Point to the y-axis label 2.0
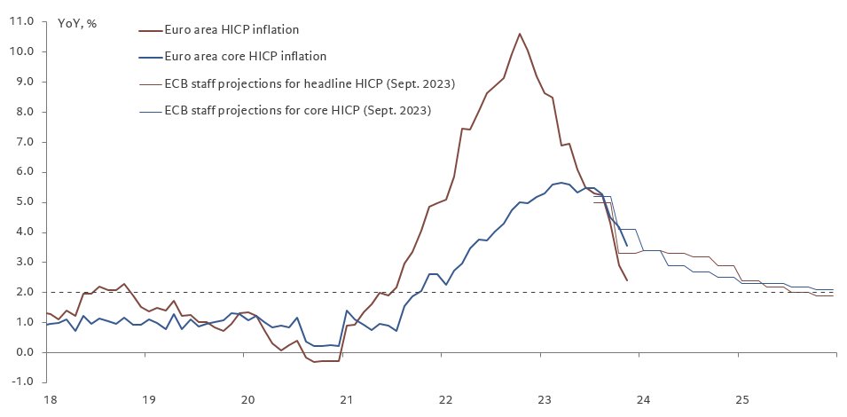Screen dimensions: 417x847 pyautogui.click(x=23, y=292)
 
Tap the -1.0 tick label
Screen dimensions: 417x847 pyautogui.click(x=22, y=382)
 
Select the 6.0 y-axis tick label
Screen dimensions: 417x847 pyautogui.click(x=23, y=171)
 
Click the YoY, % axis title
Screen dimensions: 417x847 pyautogui.click(x=78, y=24)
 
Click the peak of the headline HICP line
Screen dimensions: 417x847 pyautogui.click(x=520, y=34)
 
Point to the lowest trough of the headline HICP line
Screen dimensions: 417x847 pyautogui.click(x=314, y=362)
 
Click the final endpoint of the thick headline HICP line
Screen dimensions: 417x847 pyautogui.click(x=627, y=280)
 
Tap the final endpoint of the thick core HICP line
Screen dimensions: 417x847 pyautogui.click(x=627, y=245)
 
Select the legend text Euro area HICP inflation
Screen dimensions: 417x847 pyautogui.click(x=231, y=30)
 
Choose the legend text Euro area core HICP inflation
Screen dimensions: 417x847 pyautogui.click(x=246, y=57)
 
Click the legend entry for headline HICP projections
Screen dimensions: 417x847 pyautogui.click(x=310, y=84)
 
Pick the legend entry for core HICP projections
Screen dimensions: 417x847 pyautogui.click(x=298, y=111)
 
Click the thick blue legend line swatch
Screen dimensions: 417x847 pyautogui.click(x=151, y=57)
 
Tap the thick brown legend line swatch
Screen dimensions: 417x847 pyautogui.click(x=151, y=30)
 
